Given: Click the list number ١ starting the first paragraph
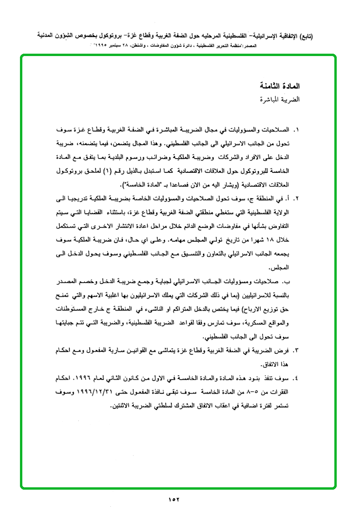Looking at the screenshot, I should coord(298,130).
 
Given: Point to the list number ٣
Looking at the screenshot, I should coord(298,350).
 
